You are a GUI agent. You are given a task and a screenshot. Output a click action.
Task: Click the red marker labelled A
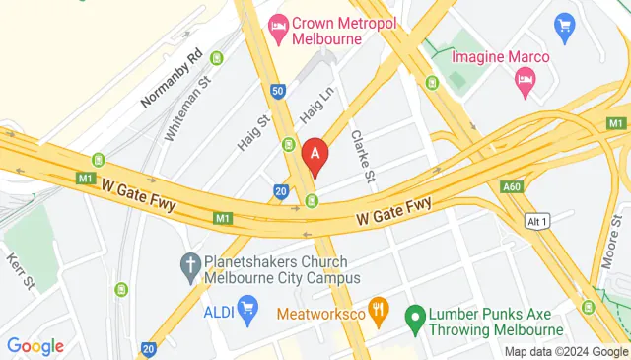coord(315,155)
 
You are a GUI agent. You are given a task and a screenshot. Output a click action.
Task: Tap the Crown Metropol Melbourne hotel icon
coord(279,28)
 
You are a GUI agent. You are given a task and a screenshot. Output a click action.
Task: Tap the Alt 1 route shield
coord(536,219)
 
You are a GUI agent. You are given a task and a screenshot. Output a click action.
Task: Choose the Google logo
coord(35,345)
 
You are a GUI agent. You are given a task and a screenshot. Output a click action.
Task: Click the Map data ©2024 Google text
coord(566,352)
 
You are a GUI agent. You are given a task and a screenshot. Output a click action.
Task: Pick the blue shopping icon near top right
coord(565,24)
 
